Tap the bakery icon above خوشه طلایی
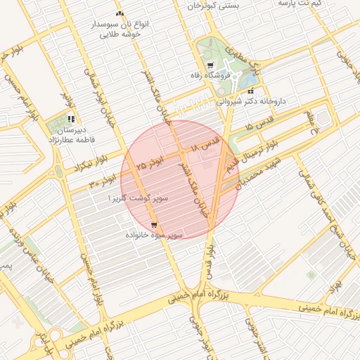[120, 13]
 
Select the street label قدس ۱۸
[205, 146]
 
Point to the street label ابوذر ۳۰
[102, 181]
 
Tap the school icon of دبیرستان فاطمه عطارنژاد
[70, 119]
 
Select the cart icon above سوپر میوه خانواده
[154, 224]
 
